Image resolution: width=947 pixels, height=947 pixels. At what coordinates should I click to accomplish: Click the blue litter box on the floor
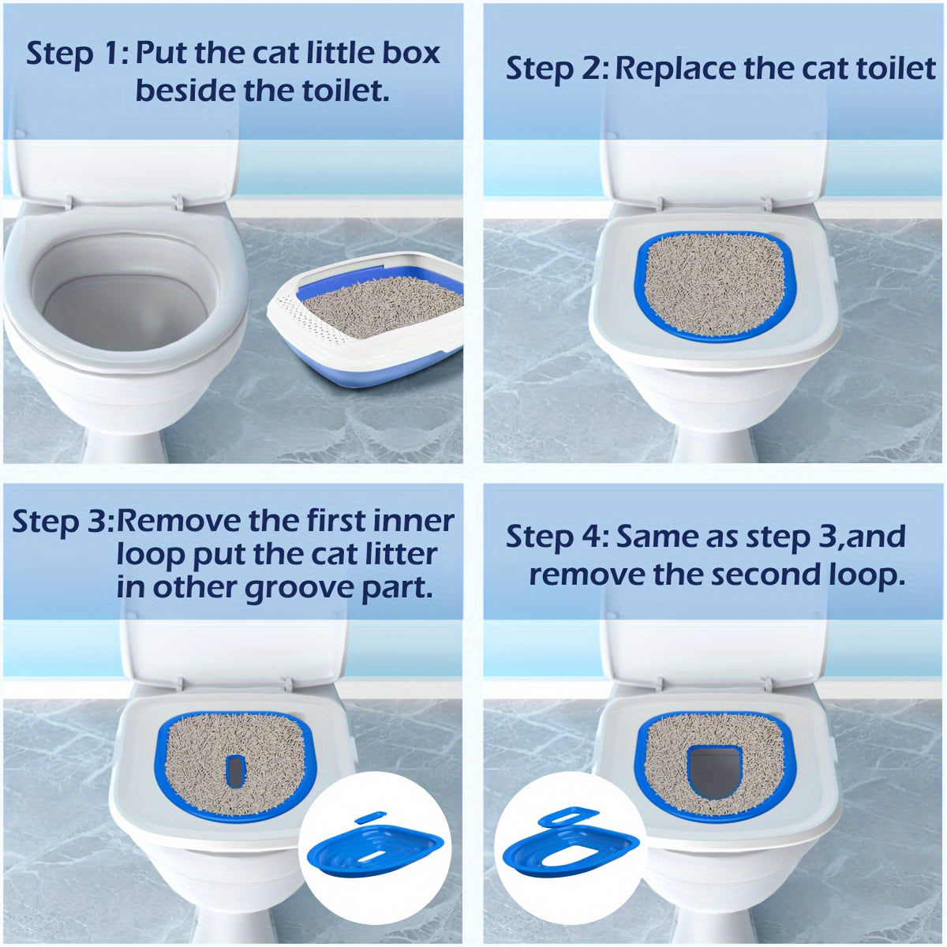(371, 351)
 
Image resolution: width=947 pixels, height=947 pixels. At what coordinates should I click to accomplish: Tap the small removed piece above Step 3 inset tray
(369, 818)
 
